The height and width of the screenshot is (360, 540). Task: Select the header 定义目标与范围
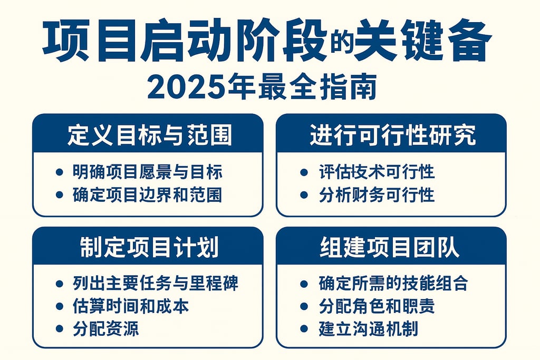tap(149, 135)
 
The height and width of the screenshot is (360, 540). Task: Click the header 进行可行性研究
tap(392, 135)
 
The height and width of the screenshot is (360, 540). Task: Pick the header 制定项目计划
tap(149, 248)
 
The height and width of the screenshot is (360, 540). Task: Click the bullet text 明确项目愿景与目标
tap(147, 172)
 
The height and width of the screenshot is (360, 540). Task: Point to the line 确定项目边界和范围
tap(147, 194)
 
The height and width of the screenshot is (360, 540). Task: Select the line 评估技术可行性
tap(377, 172)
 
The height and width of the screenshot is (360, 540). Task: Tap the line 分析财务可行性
tap(377, 194)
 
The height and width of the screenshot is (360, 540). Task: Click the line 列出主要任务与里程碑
tap(155, 284)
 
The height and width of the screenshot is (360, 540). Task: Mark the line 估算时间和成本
tap(130, 306)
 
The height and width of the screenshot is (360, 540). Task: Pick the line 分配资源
tap(105, 329)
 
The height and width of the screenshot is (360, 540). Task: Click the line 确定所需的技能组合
tap(393, 284)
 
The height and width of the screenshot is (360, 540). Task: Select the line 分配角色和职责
tap(377, 306)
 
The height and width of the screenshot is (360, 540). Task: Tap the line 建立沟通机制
tap(368, 329)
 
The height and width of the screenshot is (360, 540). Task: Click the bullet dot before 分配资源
tap(60, 329)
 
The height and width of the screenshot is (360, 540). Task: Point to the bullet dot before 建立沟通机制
tap(304, 329)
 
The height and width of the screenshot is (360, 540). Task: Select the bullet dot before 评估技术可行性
tap(304, 172)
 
